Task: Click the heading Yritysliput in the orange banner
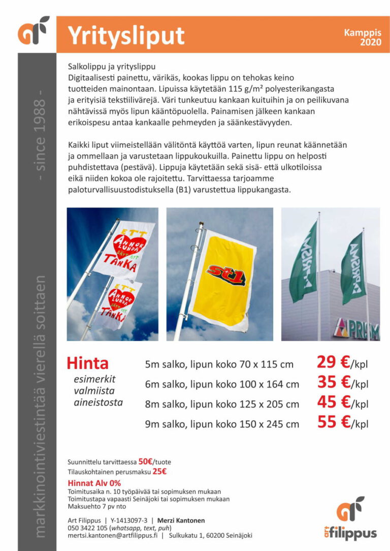(x=126, y=36)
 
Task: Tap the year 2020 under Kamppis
(x=371, y=43)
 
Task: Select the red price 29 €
(x=333, y=362)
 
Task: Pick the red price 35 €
(x=333, y=382)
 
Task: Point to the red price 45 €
(x=333, y=402)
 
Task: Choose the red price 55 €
(x=333, y=422)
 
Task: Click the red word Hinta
(x=88, y=363)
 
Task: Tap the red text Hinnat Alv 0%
(x=94, y=483)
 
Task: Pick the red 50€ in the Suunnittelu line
(x=146, y=462)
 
